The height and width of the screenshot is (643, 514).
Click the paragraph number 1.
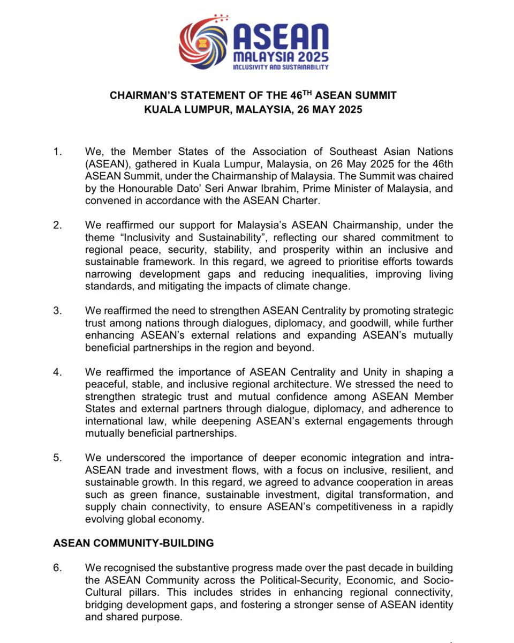58,152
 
